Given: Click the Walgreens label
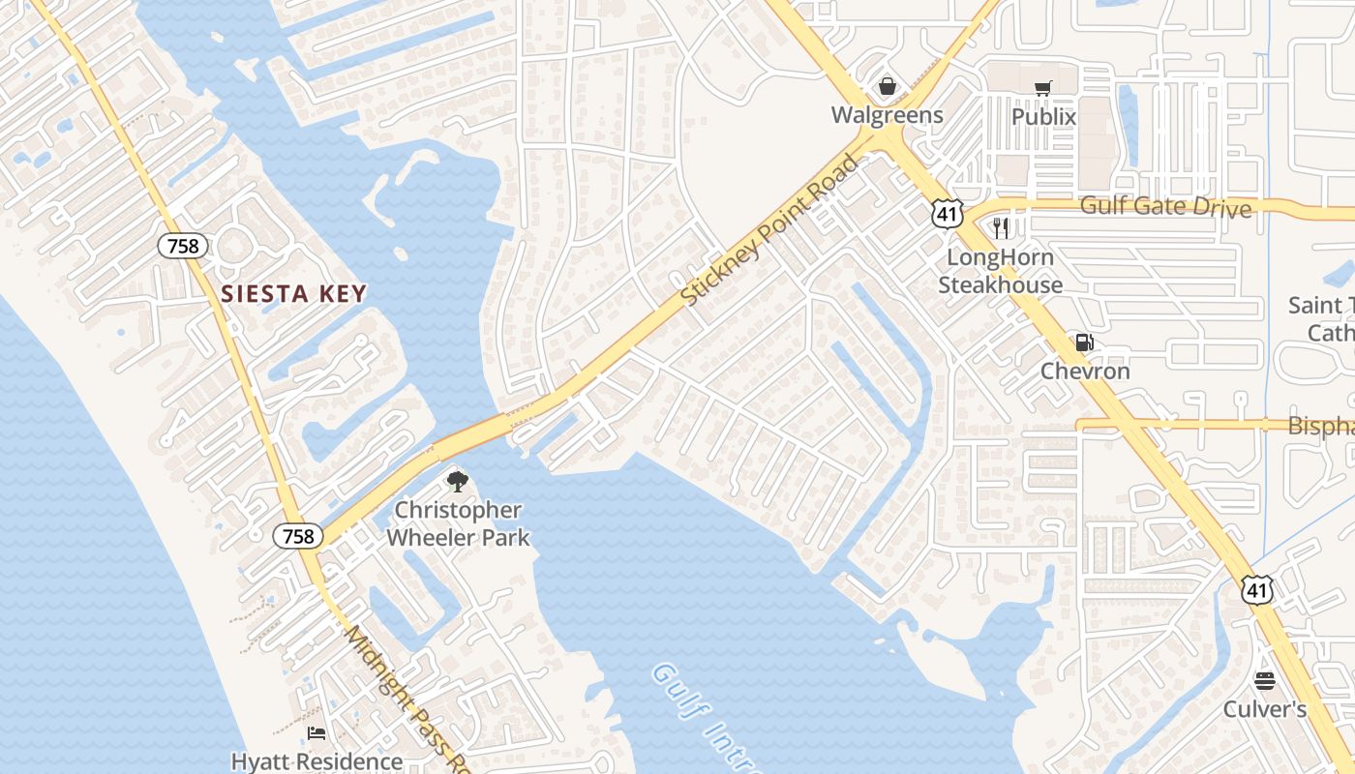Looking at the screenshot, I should click(x=887, y=115).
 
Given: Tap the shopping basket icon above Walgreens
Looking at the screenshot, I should click(x=887, y=87).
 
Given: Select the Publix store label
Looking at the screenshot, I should click(x=1043, y=116).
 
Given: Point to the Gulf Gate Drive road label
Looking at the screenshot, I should click(x=1165, y=206).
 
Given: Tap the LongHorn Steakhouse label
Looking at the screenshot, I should click(x=1000, y=271).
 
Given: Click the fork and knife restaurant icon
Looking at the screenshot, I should click(x=1001, y=228).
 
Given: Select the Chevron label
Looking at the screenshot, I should click(x=1085, y=371).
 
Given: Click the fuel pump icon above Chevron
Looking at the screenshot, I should click(x=1085, y=342).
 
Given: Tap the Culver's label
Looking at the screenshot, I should click(x=1265, y=709).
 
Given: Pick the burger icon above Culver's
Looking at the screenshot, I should click(x=1265, y=681).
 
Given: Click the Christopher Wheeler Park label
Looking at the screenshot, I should click(x=458, y=523).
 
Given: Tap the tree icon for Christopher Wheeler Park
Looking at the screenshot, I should click(x=457, y=481).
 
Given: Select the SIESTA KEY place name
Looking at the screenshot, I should click(x=293, y=294).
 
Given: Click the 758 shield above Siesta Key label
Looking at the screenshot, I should click(x=183, y=246).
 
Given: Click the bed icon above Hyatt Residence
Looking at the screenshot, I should click(x=316, y=733).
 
